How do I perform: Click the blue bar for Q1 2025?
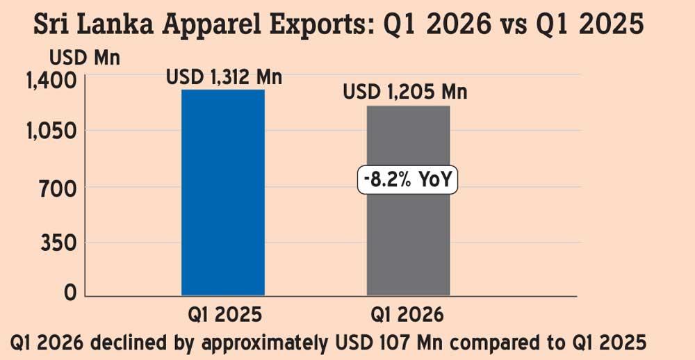(223, 193)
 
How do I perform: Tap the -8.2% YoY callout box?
(408, 182)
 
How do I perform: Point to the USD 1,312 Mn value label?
(224, 77)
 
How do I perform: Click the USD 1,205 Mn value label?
(405, 92)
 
